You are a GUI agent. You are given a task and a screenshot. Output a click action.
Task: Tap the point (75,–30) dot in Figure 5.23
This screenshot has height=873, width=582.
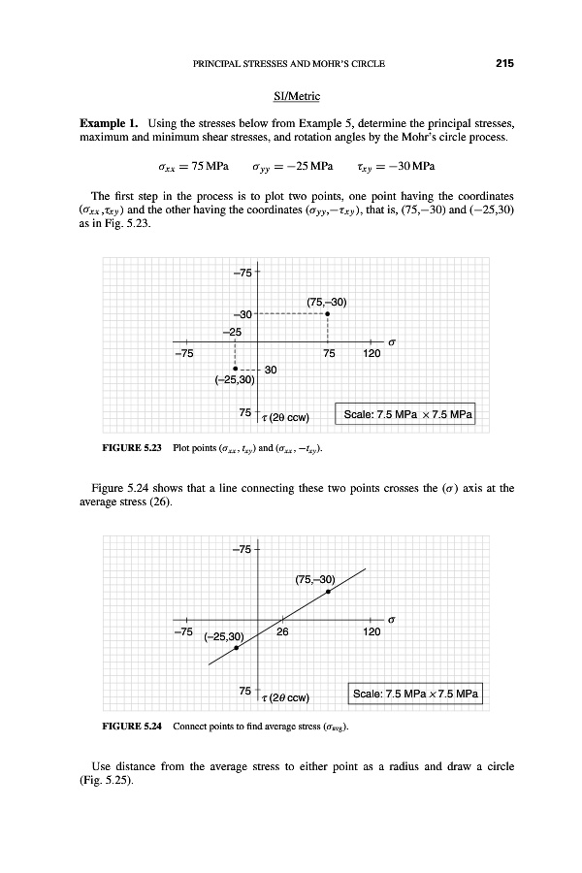point(328,313)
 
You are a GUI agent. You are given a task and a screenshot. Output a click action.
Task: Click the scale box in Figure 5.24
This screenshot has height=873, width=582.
point(415,695)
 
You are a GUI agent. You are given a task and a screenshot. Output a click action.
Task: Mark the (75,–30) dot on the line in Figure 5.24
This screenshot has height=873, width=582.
point(328,592)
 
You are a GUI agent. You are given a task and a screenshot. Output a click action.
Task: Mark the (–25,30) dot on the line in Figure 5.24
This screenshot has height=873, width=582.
point(236,648)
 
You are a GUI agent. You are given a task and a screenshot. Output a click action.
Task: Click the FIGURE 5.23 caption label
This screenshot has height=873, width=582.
point(130,449)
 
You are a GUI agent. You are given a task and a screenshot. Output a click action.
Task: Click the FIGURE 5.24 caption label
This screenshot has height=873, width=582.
point(130,726)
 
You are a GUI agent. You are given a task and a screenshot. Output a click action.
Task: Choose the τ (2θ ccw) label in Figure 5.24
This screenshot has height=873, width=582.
point(284,697)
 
